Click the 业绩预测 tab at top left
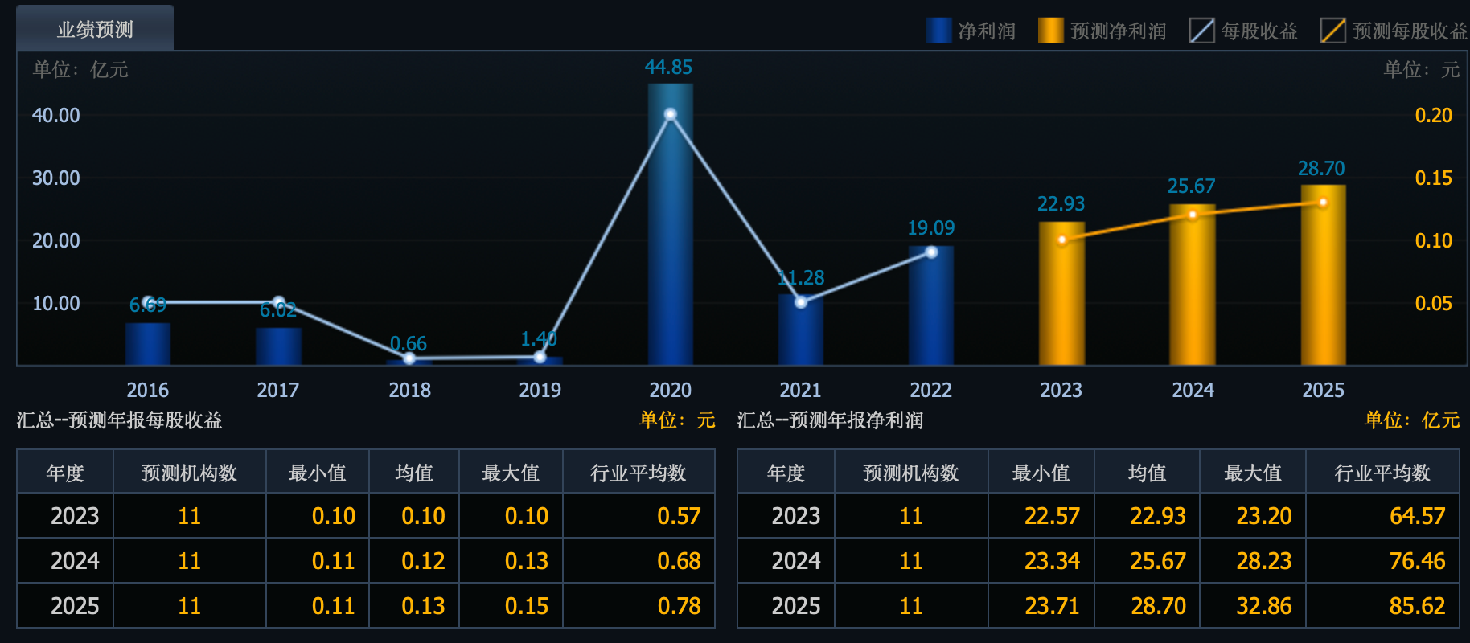[95, 30]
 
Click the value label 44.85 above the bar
[668, 68]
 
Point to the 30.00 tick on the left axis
[56, 178]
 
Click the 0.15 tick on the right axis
[1433, 178]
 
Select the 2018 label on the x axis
[409, 391]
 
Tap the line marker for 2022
[931, 252]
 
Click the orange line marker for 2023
[1061, 240]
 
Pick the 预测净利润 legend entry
[1103, 31]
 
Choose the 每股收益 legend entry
[1244, 31]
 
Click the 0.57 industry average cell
[679, 516]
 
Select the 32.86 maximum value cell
[1263, 606]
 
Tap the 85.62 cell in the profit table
[1417, 606]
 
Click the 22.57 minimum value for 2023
[1052, 516]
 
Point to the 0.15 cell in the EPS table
[526, 606]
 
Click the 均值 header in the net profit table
[1147, 473]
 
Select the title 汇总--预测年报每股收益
[120, 420]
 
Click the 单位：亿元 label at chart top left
[80, 70]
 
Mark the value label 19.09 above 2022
[930, 228]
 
